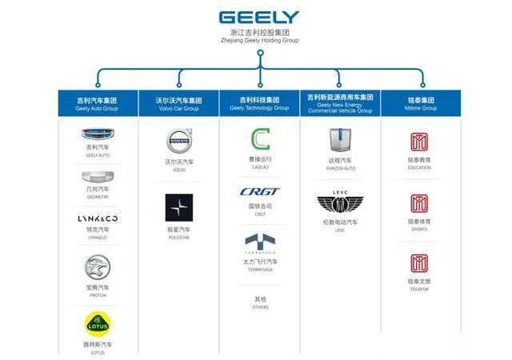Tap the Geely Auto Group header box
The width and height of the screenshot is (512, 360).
[x=97, y=104]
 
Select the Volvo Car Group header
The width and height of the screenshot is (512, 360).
[x=178, y=104]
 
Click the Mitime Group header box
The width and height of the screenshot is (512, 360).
[x=421, y=104]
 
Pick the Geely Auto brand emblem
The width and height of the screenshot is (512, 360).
[x=98, y=135]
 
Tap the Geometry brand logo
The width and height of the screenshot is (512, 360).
[x=98, y=178]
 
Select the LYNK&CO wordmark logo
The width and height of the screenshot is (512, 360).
[x=98, y=218]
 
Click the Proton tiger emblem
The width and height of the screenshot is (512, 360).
[x=98, y=266]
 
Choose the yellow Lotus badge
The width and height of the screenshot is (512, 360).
[x=98, y=324]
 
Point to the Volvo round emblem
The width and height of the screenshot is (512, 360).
[x=178, y=144]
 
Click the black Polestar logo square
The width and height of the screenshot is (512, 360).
[x=178, y=208]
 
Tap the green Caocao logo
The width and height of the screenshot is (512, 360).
[x=260, y=141]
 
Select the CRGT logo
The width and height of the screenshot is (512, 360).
[x=260, y=192]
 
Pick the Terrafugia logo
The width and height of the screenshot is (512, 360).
[x=260, y=243]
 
